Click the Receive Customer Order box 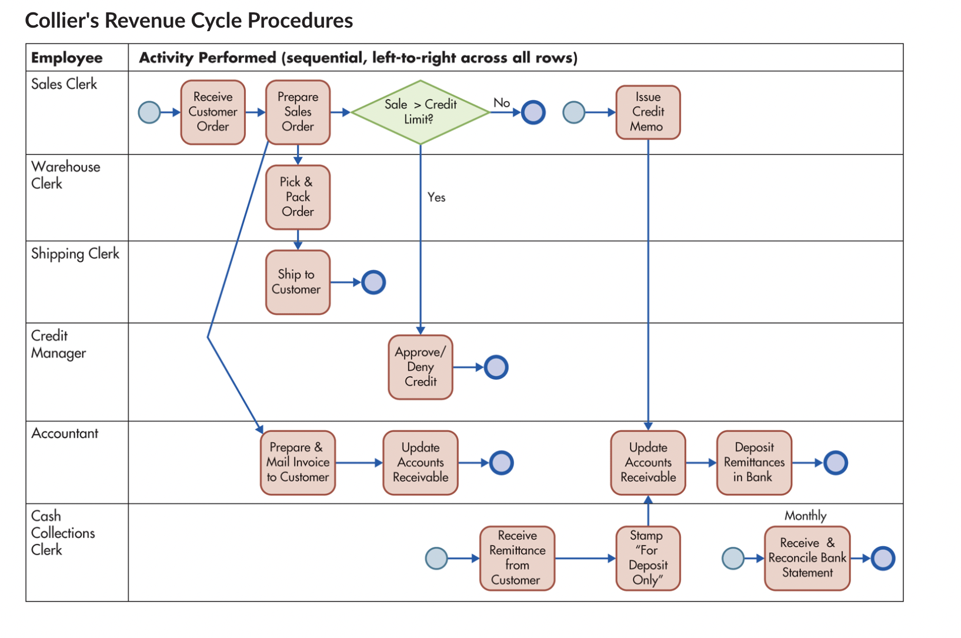(x=213, y=112)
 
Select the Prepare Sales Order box (x=298, y=112)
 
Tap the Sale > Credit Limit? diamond (x=420, y=112)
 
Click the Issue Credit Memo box (x=648, y=112)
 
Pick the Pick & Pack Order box (x=298, y=197)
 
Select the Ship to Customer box (x=298, y=282)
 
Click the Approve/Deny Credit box (x=420, y=367)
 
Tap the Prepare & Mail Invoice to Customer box (x=298, y=463)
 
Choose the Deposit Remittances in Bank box (x=753, y=463)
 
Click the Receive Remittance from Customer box (x=517, y=558)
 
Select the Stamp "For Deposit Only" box (x=648, y=558)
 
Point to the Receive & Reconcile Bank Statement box (x=807, y=558)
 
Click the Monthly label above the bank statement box (x=805, y=516)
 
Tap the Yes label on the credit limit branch (x=436, y=197)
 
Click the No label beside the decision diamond (x=501, y=103)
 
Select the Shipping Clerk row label (x=75, y=254)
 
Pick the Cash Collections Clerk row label (x=62, y=533)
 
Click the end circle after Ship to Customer (x=373, y=283)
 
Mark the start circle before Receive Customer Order (x=149, y=112)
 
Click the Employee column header (x=66, y=58)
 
